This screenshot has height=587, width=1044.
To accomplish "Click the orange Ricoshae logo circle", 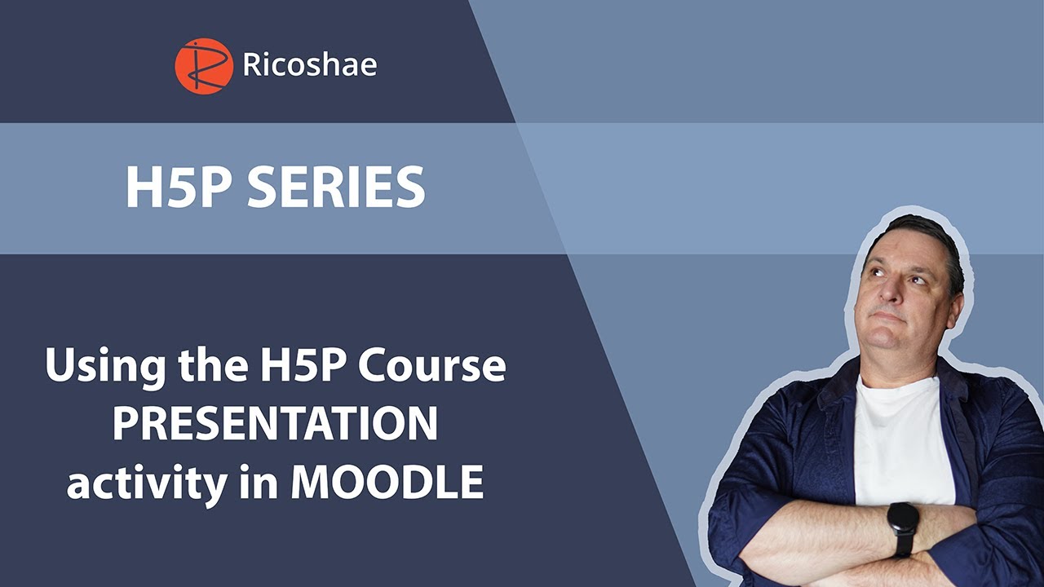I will (x=204, y=66).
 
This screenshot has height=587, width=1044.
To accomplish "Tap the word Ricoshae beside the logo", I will (x=310, y=65).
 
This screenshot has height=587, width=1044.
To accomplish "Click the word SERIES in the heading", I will (x=336, y=188).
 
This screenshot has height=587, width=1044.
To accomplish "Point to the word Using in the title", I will (x=93, y=368).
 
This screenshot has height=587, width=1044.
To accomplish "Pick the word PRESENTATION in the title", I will (x=275, y=425).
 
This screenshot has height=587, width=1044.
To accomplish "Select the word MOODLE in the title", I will (x=387, y=483).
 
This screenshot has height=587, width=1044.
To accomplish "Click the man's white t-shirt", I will (x=901, y=440).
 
